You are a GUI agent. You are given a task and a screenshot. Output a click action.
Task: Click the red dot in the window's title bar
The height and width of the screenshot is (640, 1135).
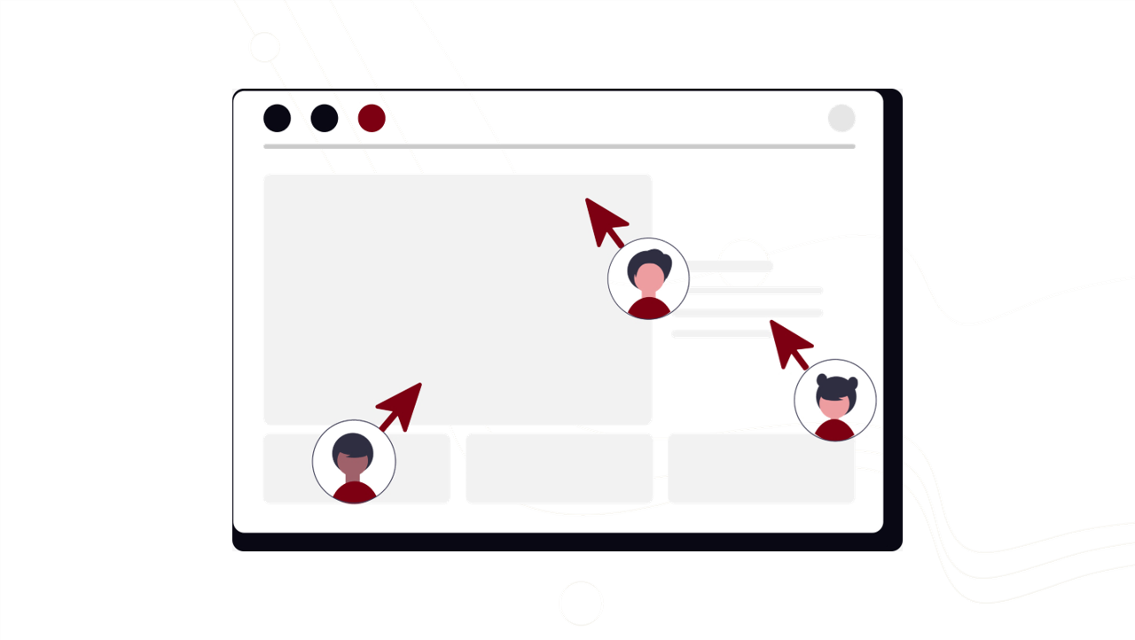click(x=372, y=118)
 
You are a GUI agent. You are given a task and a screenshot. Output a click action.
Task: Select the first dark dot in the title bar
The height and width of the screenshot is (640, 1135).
click(x=278, y=118)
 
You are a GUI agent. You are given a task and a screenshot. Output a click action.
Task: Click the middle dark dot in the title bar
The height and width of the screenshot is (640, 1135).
click(x=325, y=118)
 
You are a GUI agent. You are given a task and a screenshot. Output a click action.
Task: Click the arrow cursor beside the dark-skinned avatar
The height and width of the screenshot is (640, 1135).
click(x=402, y=405)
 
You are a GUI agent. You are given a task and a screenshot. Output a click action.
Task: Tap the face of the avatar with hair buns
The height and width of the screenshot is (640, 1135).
click(x=834, y=404)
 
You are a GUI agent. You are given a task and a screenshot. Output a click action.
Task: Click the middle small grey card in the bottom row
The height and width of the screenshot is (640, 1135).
click(x=560, y=469)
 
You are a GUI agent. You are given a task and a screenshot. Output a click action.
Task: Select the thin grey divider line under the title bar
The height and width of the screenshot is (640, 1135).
click(x=560, y=145)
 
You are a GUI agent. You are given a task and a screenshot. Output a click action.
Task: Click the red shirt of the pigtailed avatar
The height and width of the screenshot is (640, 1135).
click(x=834, y=431)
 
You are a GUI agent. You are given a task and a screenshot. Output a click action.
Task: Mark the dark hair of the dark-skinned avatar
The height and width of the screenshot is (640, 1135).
click(x=354, y=444)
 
